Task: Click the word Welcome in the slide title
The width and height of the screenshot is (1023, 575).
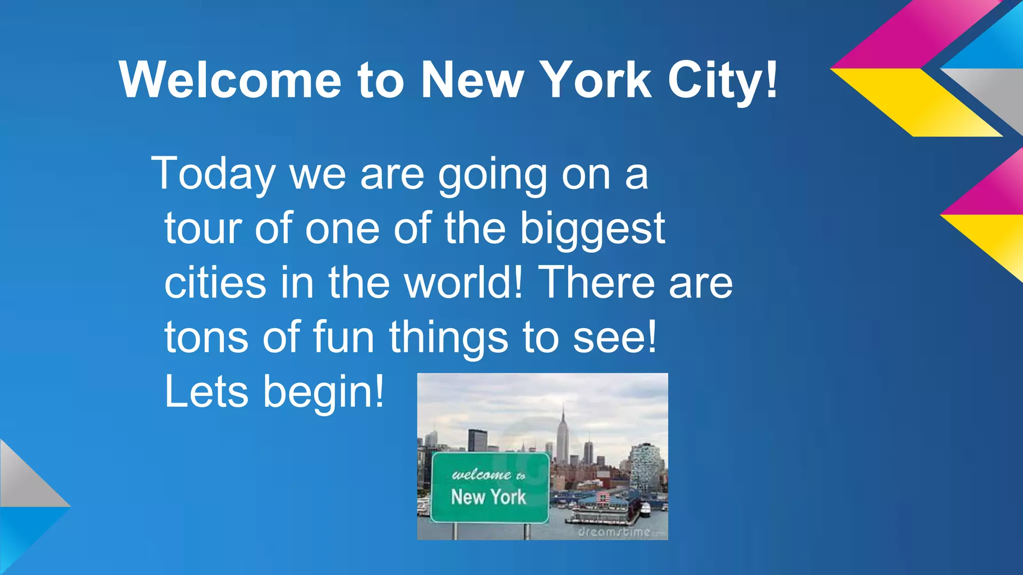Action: coord(230,80)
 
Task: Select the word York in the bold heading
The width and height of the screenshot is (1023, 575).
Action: coord(597,80)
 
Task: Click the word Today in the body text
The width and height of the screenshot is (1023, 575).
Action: coord(214,174)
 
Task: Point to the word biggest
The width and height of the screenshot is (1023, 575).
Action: coord(592,229)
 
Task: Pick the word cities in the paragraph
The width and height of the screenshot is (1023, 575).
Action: coord(215,283)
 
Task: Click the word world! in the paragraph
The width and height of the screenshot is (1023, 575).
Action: coord(464,283)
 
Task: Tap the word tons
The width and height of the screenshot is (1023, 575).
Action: coord(206,337)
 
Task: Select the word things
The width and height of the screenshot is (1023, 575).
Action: coord(448,338)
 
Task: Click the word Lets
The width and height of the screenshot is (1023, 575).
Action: coord(206,391)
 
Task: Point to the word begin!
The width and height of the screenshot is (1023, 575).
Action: coord(324,392)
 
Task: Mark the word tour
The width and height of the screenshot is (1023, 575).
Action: coord(203,229)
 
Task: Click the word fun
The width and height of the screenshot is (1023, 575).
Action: coord(344,337)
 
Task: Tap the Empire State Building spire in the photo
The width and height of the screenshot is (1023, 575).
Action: coord(563,419)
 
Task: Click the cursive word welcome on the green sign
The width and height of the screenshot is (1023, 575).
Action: coord(482,474)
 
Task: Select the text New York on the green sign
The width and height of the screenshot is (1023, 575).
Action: coord(489,497)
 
